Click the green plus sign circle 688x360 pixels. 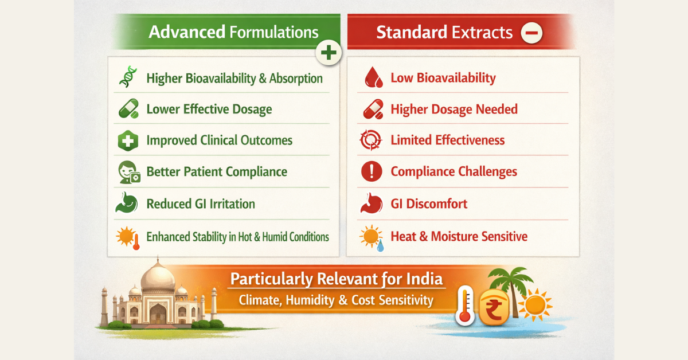coord(329,53)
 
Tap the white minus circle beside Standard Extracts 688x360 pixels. coord(531,33)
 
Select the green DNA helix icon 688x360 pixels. coord(128,77)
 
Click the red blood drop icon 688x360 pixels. coord(373,77)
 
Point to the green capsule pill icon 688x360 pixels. coord(128,109)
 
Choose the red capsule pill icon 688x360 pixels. coord(373,109)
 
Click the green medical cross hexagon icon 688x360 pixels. coord(128,140)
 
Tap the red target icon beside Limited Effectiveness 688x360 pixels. coord(371,140)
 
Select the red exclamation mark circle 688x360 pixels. coord(372,171)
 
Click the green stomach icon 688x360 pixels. coord(127,203)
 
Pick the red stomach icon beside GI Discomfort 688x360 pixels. coord(372,204)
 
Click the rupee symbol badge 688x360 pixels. coord(494,307)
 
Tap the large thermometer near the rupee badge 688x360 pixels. coord(466,306)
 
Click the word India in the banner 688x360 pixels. coord(424,279)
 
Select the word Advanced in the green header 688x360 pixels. coord(187,32)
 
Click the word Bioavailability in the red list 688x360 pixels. coord(456,78)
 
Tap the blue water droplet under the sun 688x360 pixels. coord(380,246)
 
